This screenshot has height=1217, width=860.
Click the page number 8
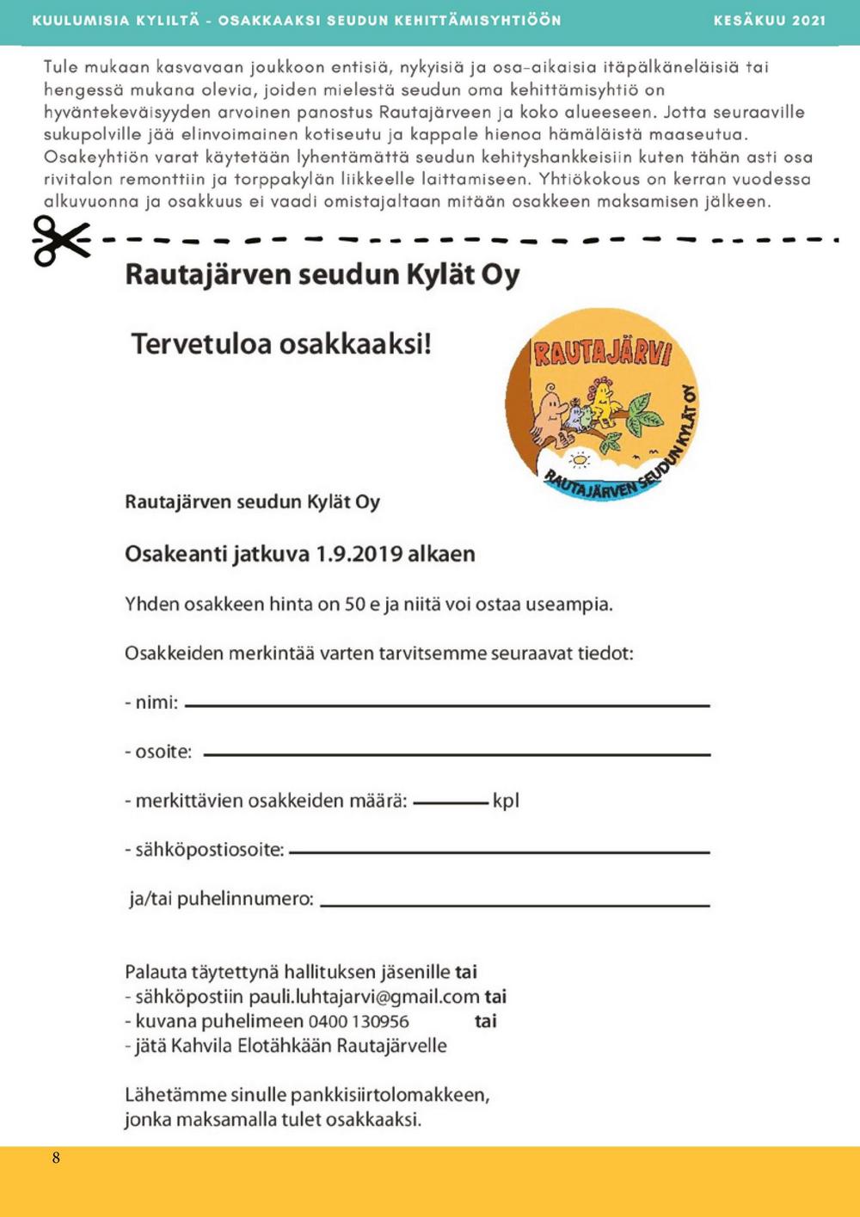(56, 1158)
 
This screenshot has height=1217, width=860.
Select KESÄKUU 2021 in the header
(769, 20)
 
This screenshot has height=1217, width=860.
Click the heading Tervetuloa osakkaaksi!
(280, 343)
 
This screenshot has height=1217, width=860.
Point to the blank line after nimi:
(447, 705)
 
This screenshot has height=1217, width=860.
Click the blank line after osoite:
(457, 754)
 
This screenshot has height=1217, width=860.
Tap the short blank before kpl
(450, 803)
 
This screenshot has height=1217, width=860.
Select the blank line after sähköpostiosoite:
(500, 852)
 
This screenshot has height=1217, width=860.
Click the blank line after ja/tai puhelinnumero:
(514, 904)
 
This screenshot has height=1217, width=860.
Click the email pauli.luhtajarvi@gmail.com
(364, 998)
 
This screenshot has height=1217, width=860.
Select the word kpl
(506, 802)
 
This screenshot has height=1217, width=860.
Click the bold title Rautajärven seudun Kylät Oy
(322, 275)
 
